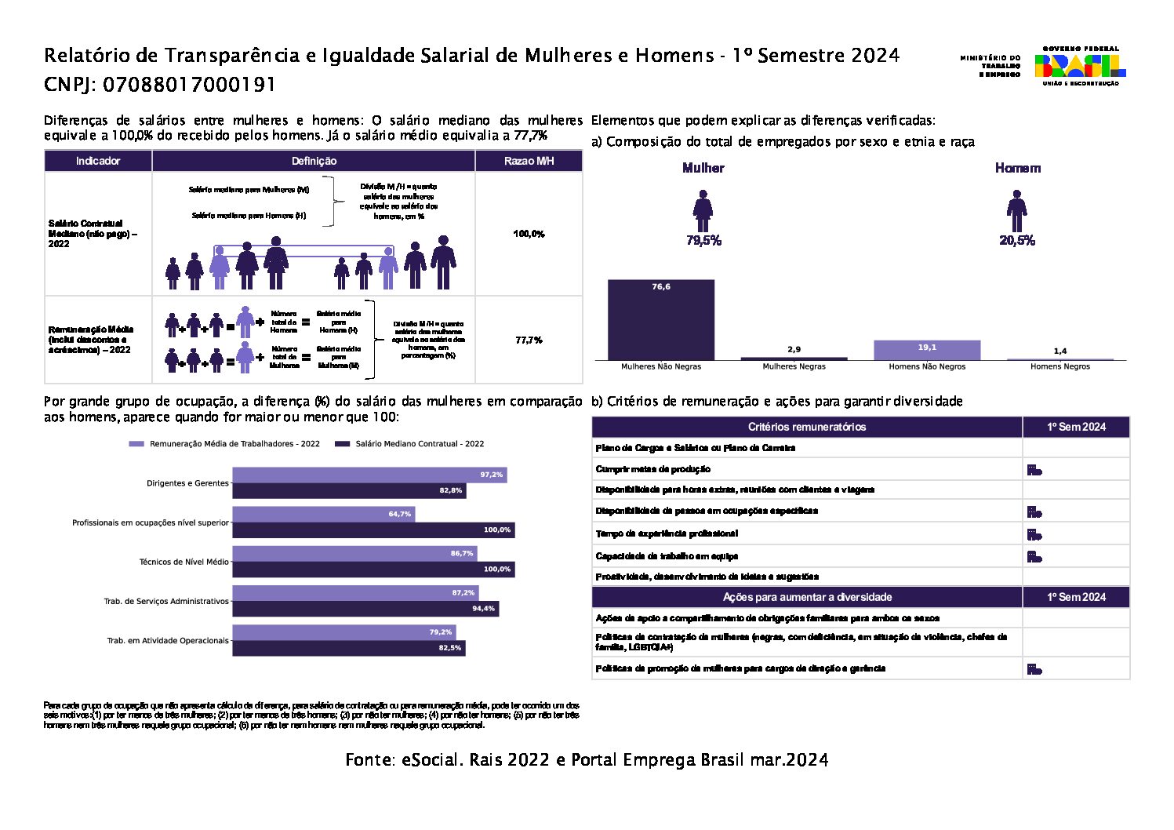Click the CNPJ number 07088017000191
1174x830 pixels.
point(189,85)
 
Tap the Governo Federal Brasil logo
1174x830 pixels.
point(1080,66)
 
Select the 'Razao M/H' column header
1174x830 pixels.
point(529,161)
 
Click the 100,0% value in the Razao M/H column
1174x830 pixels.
point(529,234)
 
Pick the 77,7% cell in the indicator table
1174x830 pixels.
point(529,340)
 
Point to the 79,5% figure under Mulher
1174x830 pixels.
point(703,241)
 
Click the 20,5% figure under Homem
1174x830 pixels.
point(1016,241)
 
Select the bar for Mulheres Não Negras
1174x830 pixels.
point(661,319)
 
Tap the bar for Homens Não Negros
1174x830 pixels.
point(927,350)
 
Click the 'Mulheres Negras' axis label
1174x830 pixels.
point(794,366)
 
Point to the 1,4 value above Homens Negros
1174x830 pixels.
point(1060,351)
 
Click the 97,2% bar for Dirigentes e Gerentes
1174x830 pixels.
point(369,475)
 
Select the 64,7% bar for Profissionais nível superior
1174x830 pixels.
point(323,514)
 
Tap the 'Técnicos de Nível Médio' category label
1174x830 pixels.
point(184,562)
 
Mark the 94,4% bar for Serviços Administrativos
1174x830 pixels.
point(365,608)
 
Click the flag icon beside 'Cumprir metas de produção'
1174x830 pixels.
point(1034,470)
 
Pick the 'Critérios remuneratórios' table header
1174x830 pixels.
point(807,427)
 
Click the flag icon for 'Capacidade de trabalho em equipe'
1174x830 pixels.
point(1034,557)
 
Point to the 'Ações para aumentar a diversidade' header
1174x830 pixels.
point(807,597)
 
